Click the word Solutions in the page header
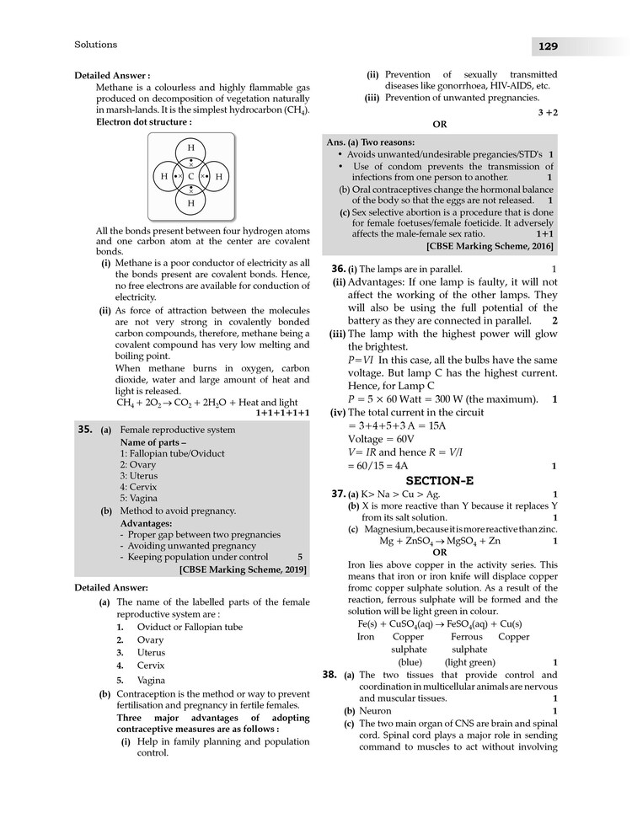[96, 45]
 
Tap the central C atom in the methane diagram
[191, 176]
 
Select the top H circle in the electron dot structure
[191, 148]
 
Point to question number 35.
[84, 429]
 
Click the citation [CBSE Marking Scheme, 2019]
[243, 569]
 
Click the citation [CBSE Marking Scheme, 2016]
[490, 246]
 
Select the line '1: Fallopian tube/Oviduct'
[172, 453]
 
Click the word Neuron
[375, 711]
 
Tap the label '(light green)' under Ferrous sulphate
[469, 662]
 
